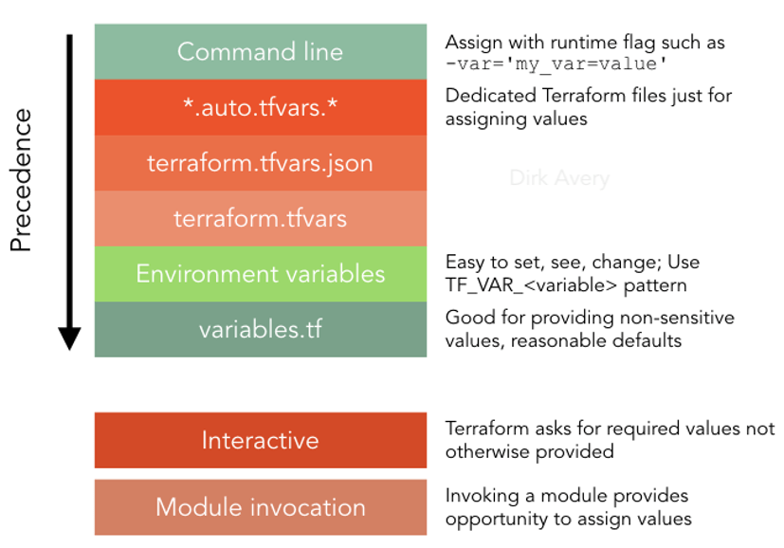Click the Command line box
tap(260, 51)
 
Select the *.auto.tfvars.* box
tap(260, 107)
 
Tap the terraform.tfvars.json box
tap(260, 163)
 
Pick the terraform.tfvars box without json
tap(260, 219)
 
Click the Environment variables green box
tap(260, 274)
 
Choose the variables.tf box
tap(260, 330)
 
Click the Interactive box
tap(260, 440)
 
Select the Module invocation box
tap(260, 507)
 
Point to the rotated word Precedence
tap(21, 180)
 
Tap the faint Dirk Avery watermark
tap(559, 178)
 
